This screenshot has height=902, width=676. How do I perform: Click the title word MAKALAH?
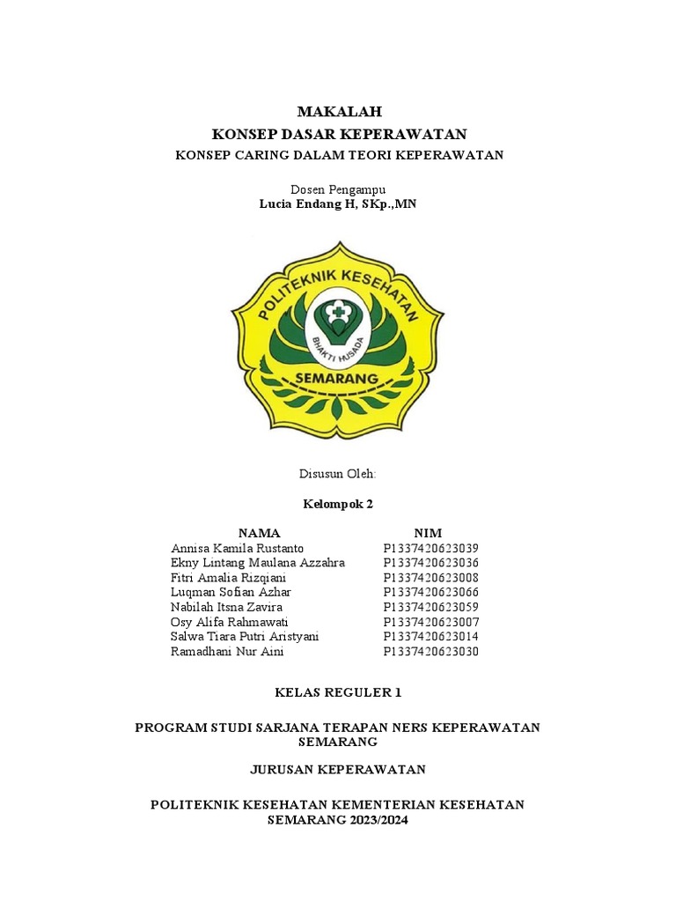click(339, 111)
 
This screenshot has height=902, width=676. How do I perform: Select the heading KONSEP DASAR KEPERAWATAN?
click(339, 134)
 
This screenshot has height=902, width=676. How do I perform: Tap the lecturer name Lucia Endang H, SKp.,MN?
click(339, 203)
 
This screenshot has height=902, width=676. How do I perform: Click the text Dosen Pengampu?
click(339, 189)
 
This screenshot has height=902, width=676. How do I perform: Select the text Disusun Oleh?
click(338, 474)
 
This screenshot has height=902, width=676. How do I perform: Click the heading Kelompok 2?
click(338, 504)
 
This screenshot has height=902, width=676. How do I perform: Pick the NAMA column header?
click(259, 533)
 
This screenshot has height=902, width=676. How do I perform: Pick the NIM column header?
click(428, 533)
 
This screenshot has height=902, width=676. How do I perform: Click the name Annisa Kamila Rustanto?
click(238, 548)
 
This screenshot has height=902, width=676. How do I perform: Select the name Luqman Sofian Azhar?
click(231, 592)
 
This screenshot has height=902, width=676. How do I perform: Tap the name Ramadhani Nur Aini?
click(228, 652)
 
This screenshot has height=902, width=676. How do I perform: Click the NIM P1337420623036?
click(431, 563)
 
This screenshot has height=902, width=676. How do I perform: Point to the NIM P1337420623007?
click(431, 622)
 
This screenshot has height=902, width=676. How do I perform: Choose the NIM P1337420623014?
click(431, 637)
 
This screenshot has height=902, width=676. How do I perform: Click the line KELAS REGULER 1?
click(338, 692)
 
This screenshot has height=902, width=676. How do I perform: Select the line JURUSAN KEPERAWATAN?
click(338, 769)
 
